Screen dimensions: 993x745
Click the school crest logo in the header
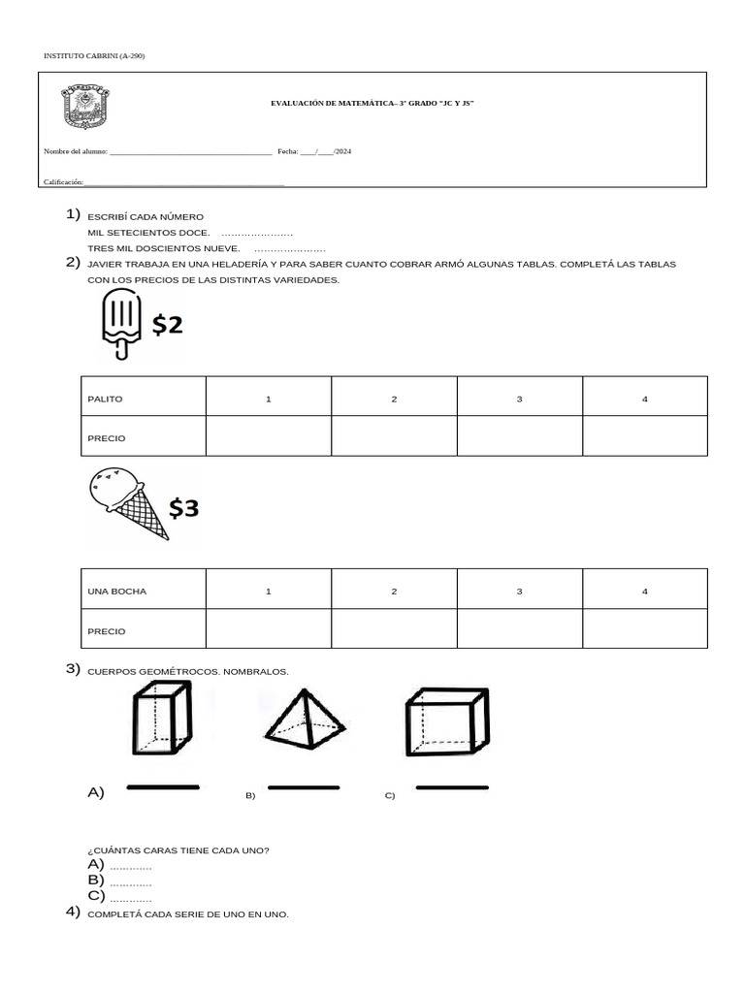[x=86, y=107]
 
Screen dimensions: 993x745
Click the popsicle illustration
[x=120, y=327]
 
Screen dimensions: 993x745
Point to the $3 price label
[x=183, y=506]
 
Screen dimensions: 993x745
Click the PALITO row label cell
[x=144, y=399]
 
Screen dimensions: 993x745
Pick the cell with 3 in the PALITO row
[x=519, y=399]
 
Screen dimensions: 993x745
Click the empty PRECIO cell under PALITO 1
[x=269, y=437]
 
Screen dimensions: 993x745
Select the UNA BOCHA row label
[x=144, y=591]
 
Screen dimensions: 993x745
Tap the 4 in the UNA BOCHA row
[x=644, y=591]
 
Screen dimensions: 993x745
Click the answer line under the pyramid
[x=303, y=788]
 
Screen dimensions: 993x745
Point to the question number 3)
[x=73, y=668]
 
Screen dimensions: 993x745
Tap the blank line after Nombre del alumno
[x=191, y=153]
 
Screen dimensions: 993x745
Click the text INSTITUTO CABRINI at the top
[x=94, y=56]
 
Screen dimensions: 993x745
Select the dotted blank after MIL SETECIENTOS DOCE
[x=257, y=234]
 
